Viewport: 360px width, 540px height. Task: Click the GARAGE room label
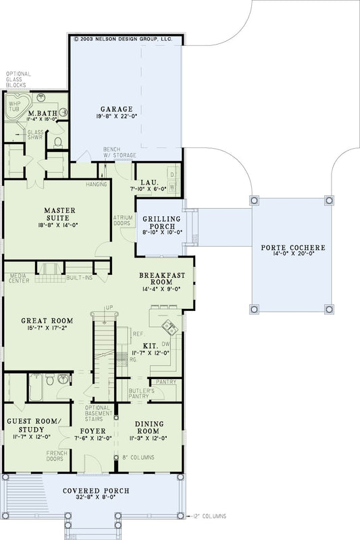117,108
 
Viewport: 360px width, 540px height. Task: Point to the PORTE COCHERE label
292,248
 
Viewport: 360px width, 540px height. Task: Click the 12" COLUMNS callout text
210,516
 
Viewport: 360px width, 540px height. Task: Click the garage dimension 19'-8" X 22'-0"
117,116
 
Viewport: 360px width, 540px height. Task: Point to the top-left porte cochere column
253,200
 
